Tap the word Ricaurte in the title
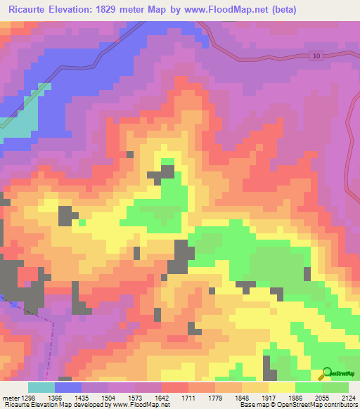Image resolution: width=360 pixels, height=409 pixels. (29, 10)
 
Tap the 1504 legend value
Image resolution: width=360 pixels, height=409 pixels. (108, 398)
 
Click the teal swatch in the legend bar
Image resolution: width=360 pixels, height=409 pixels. (41, 387)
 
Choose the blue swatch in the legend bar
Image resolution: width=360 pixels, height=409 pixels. (68, 387)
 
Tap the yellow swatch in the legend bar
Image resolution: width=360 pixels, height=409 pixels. (281, 387)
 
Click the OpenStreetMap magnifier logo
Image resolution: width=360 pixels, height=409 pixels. (327, 373)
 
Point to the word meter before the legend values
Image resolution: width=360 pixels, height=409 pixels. (10, 398)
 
